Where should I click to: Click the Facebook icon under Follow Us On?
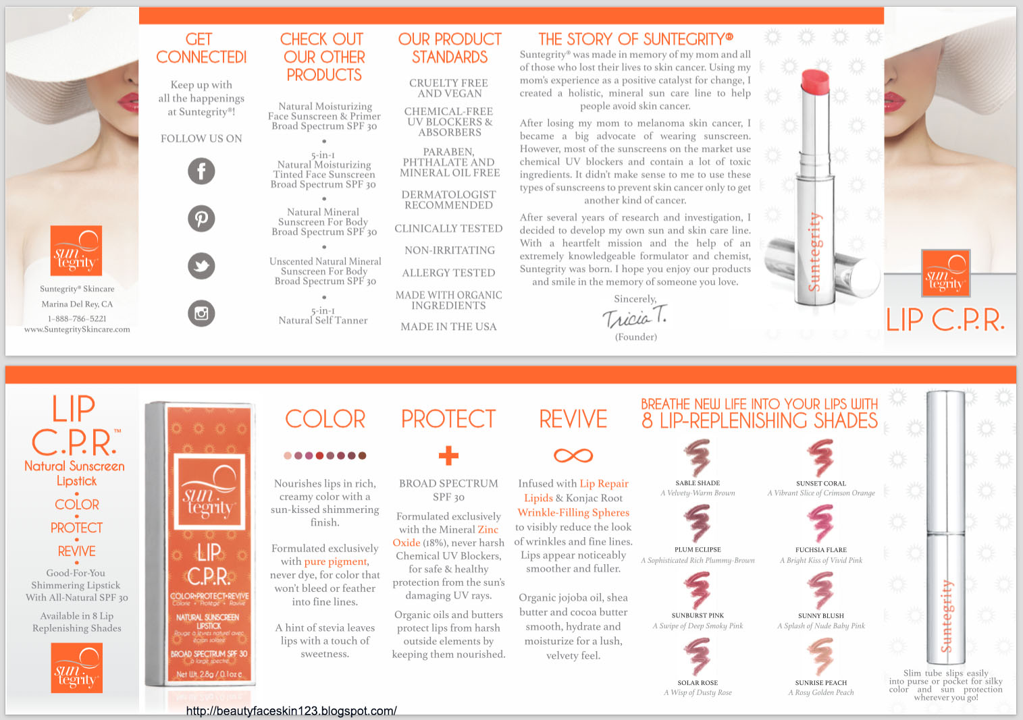pyautogui.click(x=201, y=171)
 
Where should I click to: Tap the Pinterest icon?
pyautogui.click(x=201, y=219)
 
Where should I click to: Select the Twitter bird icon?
pyautogui.click(x=201, y=266)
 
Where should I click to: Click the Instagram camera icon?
pyautogui.click(x=201, y=313)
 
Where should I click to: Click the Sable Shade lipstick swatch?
pyautogui.click(x=698, y=458)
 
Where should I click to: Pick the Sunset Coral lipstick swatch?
pyautogui.click(x=820, y=458)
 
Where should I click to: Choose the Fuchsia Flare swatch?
pyautogui.click(x=820, y=524)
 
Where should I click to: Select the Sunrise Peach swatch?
pyautogui.click(x=820, y=656)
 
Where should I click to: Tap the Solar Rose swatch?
pyautogui.click(x=698, y=656)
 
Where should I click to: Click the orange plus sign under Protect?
pyautogui.click(x=448, y=455)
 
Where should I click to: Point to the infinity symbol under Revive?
pyautogui.click(x=573, y=455)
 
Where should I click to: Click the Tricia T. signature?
pyautogui.click(x=635, y=316)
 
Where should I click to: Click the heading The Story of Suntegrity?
pyautogui.click(x=635, y=39)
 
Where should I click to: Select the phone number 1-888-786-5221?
pyautogui.click(x=77, y=319)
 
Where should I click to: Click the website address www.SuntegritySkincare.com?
pyautogui.click(x=77, y=329)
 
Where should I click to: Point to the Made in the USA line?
pyautogui.click(x=448, y=327)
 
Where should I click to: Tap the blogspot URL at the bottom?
pyautogui.click(x=291, y=711)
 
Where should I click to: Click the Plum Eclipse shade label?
pyautogui.click(x=698, y=550)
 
